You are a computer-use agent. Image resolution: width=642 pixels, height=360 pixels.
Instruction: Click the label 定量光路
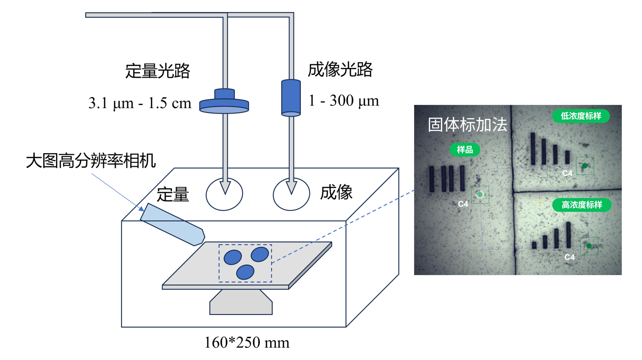(157, 70)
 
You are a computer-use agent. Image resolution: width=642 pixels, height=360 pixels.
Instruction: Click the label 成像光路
(340, 69)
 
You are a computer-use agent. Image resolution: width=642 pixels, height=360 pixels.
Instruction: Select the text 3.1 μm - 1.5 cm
(140, 103)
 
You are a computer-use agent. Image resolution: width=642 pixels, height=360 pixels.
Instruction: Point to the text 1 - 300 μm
(344, 101)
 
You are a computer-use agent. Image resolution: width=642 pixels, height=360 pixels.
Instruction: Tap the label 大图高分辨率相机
(91, 161)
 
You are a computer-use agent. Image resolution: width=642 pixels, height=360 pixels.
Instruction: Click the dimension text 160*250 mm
(247, 342)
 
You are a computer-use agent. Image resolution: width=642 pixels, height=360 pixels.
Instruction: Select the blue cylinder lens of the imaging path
(291, 98)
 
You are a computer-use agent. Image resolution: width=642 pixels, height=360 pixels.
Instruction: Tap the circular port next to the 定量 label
(224, 194)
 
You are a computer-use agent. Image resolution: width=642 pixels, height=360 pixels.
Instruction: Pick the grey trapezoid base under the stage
(241, 303)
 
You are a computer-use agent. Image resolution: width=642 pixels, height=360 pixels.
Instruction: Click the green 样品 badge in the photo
(465, 150)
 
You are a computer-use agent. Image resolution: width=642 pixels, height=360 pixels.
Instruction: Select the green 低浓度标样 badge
(581, 116)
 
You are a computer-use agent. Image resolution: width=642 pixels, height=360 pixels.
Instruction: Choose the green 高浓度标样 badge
(582, 205)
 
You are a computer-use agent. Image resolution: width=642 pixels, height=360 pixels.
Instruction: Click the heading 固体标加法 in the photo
(467, 125)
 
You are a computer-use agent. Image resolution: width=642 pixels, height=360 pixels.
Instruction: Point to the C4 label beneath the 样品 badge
(463, 204)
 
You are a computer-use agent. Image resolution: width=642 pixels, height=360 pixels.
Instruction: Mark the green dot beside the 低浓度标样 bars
(585, 166)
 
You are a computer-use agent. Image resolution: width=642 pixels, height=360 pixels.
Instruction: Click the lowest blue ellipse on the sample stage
(245, 272)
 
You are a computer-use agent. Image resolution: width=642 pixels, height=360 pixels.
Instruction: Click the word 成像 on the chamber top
(336, 192)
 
